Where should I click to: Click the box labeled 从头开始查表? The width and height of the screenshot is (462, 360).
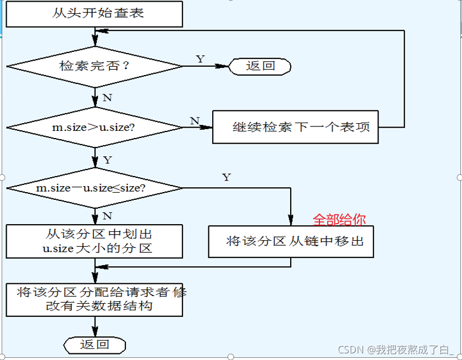[x=94, y=14]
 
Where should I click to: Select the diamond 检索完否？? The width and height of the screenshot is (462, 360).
[x=94, y=66]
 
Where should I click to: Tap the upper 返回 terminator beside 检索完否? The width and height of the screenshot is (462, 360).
[x=260, y=66]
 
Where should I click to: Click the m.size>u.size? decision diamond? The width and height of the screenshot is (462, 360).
[x=94, y=128]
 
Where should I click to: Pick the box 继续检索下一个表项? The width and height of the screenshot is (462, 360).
[x=295, y=127]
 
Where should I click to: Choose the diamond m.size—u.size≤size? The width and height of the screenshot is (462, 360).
[x=94, y=188]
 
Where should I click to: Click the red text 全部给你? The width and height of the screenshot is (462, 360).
[x=339, y=220]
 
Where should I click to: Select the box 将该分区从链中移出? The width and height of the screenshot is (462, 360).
[x=291, y=241]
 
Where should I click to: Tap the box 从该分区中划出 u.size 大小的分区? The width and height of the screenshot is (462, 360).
[x=94, y=241]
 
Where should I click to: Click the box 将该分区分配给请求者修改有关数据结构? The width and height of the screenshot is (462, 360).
[x=94, y=299]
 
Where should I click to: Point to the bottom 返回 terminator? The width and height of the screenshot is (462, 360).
[x=95, y=345]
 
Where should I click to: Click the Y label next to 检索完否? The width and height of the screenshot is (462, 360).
[x=200, y=59]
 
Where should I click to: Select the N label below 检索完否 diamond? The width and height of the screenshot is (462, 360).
[x=107, y=98]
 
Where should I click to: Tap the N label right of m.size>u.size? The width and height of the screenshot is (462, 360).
[x=195, y=120]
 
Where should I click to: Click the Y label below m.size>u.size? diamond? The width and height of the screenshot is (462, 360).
[x=107, y=160]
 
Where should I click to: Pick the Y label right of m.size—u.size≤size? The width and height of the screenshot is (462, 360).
[x=227, y=177]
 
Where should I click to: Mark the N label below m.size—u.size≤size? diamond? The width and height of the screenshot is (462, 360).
[x=107, y=215]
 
